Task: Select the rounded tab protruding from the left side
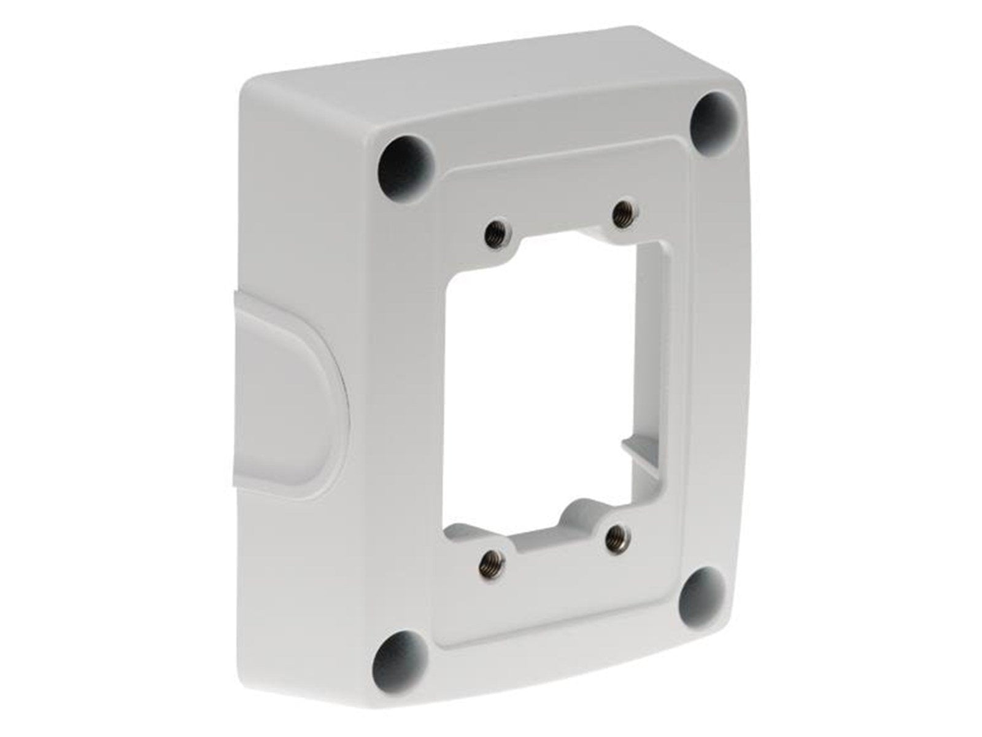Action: [x=288, y=393]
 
